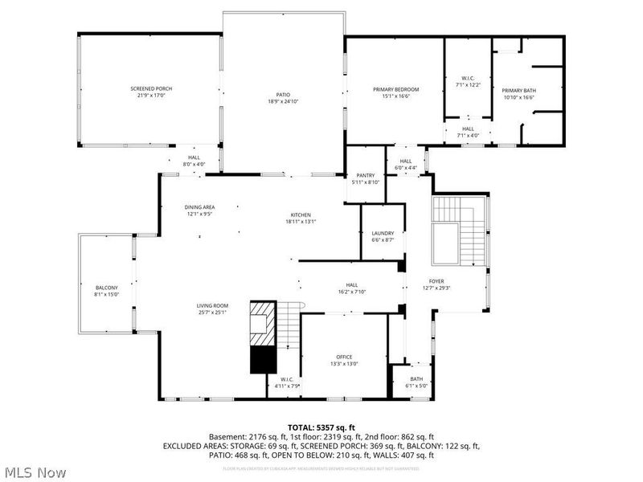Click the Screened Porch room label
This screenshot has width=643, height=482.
[152, 88]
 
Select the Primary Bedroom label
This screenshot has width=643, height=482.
[395, 89]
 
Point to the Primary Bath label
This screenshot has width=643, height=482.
[518, 90]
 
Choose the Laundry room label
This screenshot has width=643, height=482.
[383, 233]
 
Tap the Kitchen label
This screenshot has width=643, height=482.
[301, 214]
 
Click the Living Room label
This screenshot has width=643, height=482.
[213, 305]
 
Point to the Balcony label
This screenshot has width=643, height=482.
[107, 288]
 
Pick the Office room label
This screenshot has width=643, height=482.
[344, 357]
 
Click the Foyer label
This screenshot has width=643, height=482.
[436, 281]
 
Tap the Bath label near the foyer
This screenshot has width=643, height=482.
[416, 379]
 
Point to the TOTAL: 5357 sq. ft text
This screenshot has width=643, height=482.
[321, 427]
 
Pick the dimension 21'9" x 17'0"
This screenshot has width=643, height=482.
[152, 96]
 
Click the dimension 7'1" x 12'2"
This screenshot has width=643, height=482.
[467, 84]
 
